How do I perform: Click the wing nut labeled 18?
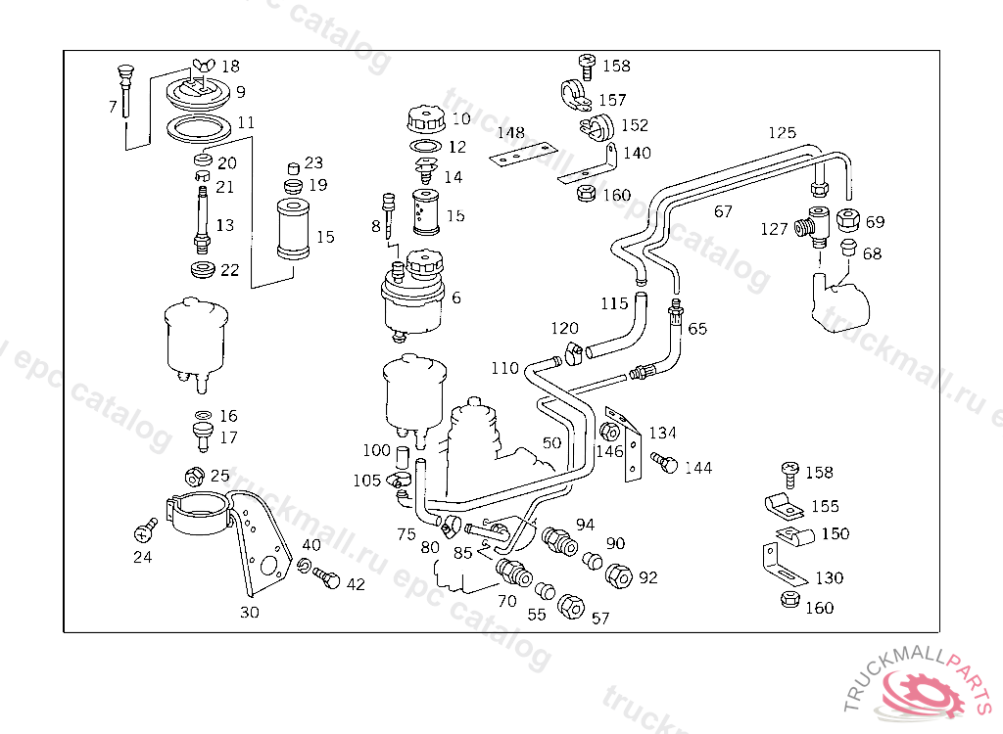pos(202,66)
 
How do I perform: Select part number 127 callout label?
pos(774,229)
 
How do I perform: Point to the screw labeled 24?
pos(147,530)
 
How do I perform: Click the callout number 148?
pos(509,133)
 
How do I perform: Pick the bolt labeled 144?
pos(664,464)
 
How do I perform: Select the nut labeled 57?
pos(569,607)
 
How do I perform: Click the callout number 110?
pos(504,369)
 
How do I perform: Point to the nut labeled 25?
pos(193,478)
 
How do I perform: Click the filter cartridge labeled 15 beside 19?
pos(293,228)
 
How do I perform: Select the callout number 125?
pos(782,133)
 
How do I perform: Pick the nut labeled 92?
pos(619,575)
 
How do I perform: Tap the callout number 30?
pos(250,614)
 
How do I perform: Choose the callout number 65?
pos(697,329)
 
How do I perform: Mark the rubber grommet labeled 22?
pos(202,269)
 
